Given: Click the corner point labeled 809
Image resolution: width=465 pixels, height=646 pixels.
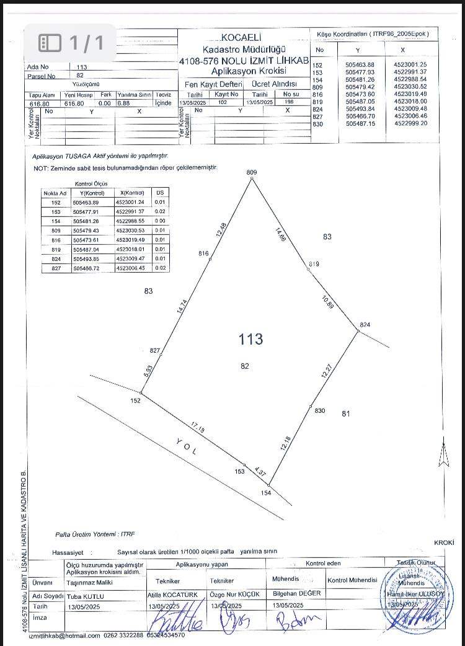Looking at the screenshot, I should coord(252,178).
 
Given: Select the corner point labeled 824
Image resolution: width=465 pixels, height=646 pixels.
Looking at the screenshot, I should coord(358,331).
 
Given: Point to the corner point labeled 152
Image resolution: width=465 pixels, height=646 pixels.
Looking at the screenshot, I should coord(141,393).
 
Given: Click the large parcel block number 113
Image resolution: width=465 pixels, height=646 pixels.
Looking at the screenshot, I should coord(250,339).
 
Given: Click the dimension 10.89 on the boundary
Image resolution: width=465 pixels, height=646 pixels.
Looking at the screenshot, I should coord(328,303).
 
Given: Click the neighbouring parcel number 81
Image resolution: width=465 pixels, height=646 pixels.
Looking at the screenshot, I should coord(346,414).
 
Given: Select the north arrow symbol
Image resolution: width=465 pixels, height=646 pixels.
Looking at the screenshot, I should coord(444,458).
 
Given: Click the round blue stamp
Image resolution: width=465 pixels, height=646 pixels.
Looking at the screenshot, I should coord(413,598).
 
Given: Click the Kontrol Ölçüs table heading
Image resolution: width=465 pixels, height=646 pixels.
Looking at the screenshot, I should coord(91,184).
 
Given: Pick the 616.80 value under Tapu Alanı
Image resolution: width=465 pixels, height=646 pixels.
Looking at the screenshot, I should coord(38,104).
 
